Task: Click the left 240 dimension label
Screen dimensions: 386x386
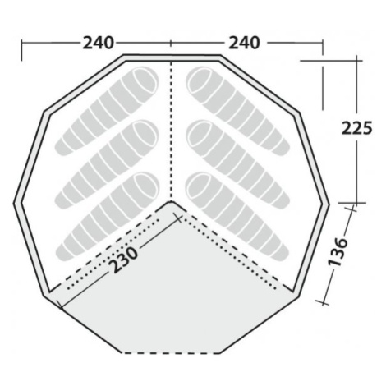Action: [98, 44]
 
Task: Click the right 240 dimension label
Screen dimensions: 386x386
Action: [244, 44]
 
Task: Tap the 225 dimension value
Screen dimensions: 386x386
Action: [357, 128]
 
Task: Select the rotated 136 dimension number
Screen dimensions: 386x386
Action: [338, 252]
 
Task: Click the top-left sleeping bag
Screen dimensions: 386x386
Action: [107, 111]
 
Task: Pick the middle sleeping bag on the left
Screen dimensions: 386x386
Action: [107, 164]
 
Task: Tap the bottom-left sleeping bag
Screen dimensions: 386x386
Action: [108, 216]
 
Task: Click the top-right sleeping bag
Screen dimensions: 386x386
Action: [237, 111]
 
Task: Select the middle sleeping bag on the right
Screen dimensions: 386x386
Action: [237, 164]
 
